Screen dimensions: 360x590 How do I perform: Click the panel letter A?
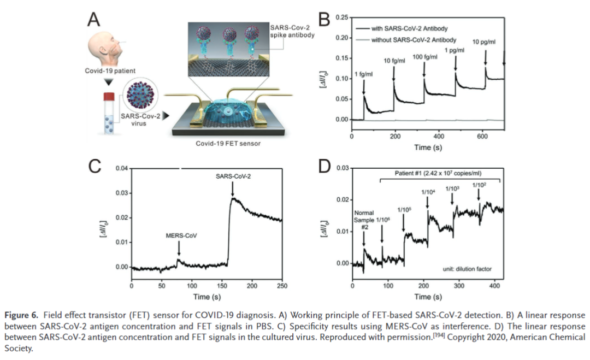(95, 20)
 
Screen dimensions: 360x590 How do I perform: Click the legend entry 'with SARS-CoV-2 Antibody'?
(405, 27)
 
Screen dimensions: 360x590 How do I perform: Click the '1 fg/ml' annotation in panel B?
(364, 74)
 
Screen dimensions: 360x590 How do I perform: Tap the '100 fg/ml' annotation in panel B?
(424, 57)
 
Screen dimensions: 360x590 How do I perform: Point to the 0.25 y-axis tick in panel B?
(341, 17)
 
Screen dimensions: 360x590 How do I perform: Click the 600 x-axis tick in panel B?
(482, 135)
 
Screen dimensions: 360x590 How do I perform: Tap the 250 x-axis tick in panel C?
(282, 286)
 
